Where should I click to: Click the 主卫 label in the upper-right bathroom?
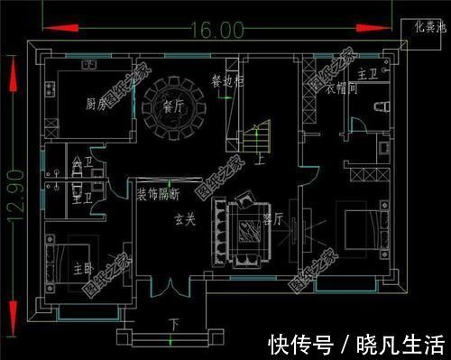[367, 72]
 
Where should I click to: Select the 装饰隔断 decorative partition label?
[158, 195]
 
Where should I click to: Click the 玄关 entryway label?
[184, 218]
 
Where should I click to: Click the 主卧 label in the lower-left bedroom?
[84, 267]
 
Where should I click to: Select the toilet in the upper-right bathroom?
[382, 106]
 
